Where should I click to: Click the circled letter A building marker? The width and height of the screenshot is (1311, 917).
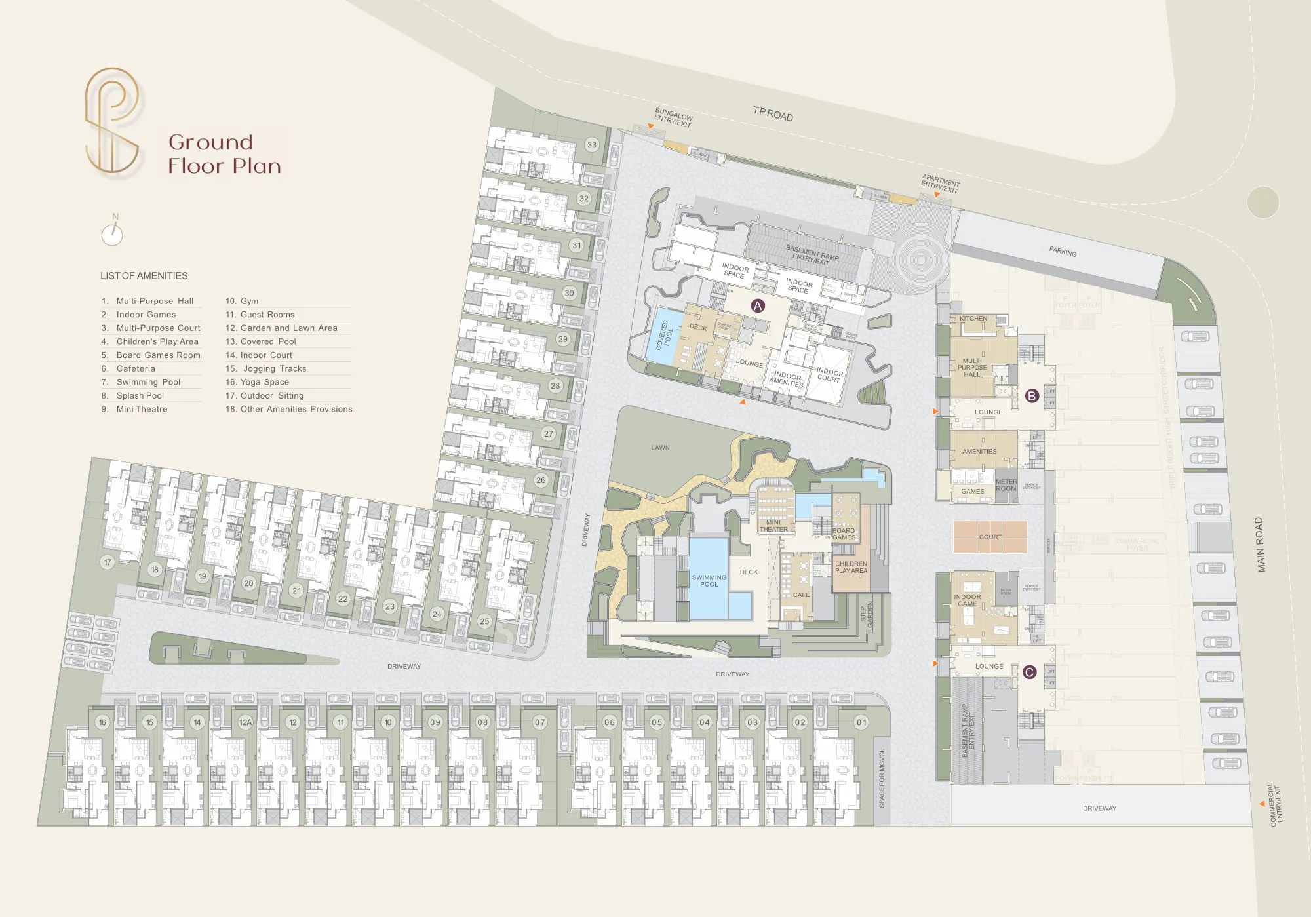pos(758,305)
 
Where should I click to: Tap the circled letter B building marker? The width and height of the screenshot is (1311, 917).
pos(1032,396)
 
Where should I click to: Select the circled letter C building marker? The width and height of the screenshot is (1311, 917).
pos(1029,672)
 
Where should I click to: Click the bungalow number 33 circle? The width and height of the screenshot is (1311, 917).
pos(592,145)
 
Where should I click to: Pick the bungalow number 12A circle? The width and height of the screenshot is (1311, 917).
pos(245,722)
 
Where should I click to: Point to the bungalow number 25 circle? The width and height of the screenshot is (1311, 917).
pos(484,621)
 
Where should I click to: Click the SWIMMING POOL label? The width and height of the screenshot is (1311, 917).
pos(709,581)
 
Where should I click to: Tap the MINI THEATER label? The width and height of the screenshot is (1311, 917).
pos(773,526)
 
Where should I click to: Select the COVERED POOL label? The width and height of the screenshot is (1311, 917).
pos(665,334)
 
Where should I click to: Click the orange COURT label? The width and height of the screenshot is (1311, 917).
pos(990,537)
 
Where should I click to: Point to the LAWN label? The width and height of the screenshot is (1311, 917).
pos(660,448)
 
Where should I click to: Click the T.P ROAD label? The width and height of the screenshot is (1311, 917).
pos(773,114)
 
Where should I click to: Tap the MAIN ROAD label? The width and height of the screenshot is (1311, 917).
pos(1259,545)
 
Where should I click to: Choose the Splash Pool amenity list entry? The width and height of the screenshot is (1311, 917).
pos(140,396)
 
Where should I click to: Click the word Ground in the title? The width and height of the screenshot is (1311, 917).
pos(210,142)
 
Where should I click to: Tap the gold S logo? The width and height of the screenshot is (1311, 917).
pos(112,121)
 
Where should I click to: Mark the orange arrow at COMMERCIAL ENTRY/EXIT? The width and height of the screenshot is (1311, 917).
pos(1262,804)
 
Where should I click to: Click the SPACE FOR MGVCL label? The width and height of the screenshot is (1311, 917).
pos(882,778)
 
